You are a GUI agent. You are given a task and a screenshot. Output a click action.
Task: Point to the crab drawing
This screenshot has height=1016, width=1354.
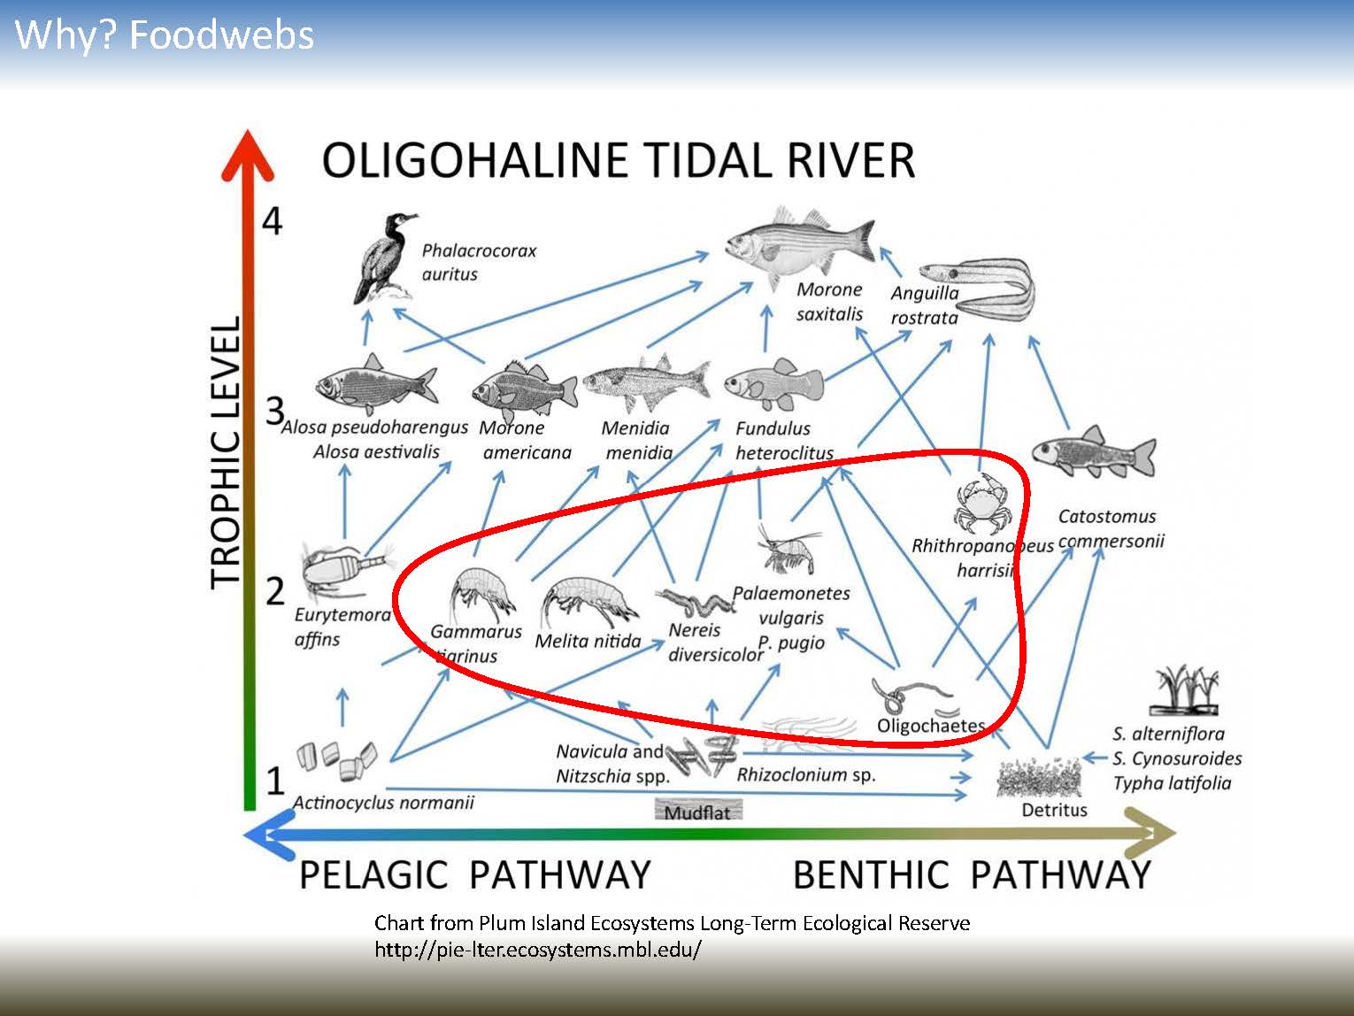pos(979,505)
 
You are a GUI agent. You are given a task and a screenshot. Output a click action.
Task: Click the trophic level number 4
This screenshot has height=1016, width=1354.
pos(272,220)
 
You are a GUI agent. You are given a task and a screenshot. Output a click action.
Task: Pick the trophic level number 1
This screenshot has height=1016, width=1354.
pos(275,780)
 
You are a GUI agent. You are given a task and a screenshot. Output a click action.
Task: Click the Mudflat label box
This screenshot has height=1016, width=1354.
pos(697,812)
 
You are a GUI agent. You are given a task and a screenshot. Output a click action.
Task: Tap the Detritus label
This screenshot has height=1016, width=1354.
pos(1053,810)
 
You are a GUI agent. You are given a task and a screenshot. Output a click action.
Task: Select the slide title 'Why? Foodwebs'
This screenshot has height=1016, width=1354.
pos(165,35)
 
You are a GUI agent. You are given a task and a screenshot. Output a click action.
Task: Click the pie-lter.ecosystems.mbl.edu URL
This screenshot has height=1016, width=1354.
pos(538,951)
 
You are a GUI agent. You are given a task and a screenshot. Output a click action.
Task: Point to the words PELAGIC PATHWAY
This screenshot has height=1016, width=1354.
pos(474,874)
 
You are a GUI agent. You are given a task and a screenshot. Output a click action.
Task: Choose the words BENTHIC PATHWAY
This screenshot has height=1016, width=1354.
pos(971,874)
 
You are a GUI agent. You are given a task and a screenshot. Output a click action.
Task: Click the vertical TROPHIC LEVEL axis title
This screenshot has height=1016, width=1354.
pos(227,451)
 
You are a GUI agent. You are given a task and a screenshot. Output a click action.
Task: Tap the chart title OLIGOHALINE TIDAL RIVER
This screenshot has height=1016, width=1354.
pos(618,161)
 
